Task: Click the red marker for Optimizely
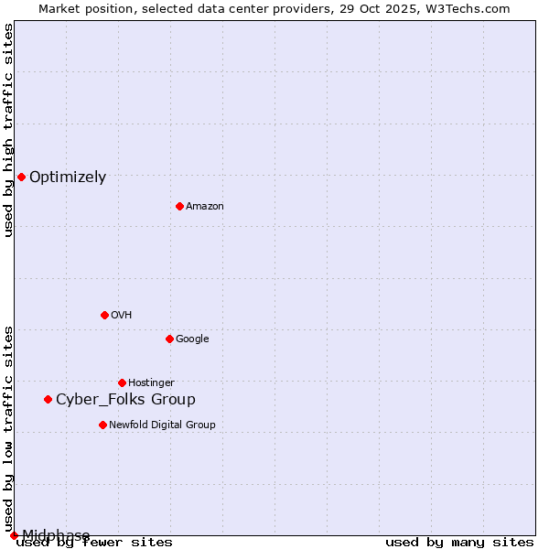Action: click(x=21, y=177)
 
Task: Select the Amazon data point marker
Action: click(x=179, y=206)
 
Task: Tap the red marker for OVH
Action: click(x=104, y=315)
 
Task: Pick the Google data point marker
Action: click(x=169, y=339)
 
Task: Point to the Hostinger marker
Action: click(x=122, y=382)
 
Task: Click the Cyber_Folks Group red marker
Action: click(x=48, y=399)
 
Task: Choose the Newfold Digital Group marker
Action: click(x=102, y=425)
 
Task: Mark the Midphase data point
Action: click(x=14, y=535)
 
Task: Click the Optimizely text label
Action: click(x=68, y=178)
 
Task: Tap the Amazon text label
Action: click(x=205, y=207)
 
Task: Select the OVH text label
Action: click(x=122, y=316)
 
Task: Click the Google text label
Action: click(x=192, y=339)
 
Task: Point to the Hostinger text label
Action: click(x=151, y=383)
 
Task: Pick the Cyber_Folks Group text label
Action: click(x=125, y=400)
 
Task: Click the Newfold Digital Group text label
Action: click(x=162, y=425)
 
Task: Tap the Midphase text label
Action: click(x=56, y=535)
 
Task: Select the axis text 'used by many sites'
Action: click(x=459, y=543)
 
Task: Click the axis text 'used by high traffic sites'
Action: click(x=9, y=130)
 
